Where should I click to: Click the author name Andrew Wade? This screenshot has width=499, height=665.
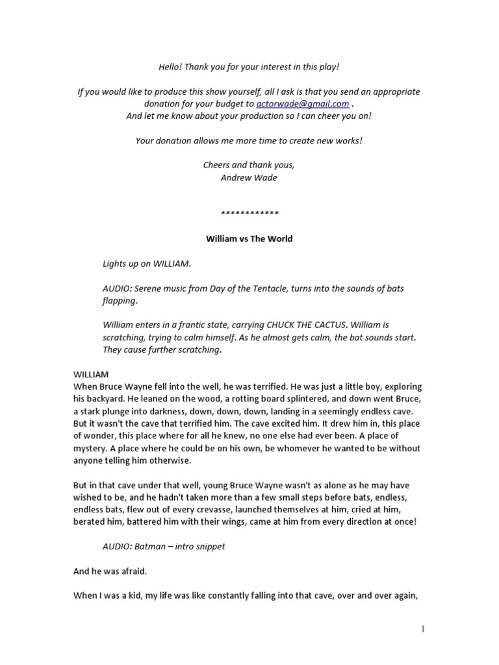249,177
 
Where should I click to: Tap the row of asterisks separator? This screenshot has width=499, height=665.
249,213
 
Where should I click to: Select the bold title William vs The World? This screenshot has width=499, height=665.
249,238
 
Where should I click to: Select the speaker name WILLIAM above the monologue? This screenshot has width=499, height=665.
91,375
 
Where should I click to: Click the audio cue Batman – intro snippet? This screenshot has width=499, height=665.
164,546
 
